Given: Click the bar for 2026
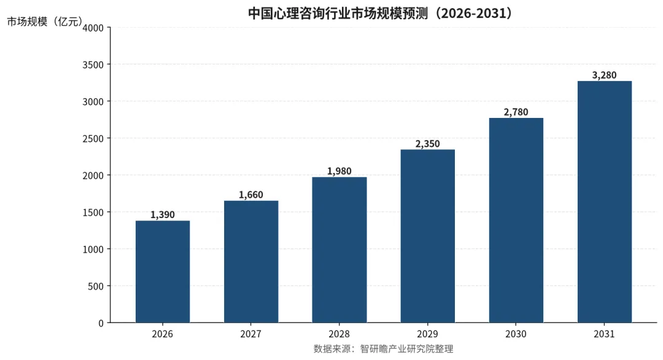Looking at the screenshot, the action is click(163, 272).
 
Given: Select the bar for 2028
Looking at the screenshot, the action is click(339, 250).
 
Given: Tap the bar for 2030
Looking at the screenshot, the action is click(516, 221).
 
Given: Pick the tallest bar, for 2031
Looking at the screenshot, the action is click(605, 202).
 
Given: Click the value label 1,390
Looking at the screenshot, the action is click(163, 215).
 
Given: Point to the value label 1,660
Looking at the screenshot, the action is click(251, 195).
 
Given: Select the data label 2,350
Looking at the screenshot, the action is click(428, 144).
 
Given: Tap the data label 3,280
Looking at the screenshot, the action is click(605, 76).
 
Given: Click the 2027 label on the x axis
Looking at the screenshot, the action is click(251, 334).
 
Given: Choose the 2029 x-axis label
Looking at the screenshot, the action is click(428, 334).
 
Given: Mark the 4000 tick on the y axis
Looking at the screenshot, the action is click(93, 28).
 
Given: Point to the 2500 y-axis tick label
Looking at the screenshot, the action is click(93, 139).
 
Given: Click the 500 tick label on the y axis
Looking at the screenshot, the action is click(96, 286).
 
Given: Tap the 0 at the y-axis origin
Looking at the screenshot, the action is click(101, 323).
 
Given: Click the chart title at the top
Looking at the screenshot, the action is click(380, 13).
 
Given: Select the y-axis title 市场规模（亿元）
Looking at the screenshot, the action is click(44, 22).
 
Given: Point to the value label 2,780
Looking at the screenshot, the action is click(516, 112).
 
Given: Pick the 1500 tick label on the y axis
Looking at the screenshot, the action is click(93, 213).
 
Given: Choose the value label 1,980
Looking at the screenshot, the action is click(339, 171).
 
